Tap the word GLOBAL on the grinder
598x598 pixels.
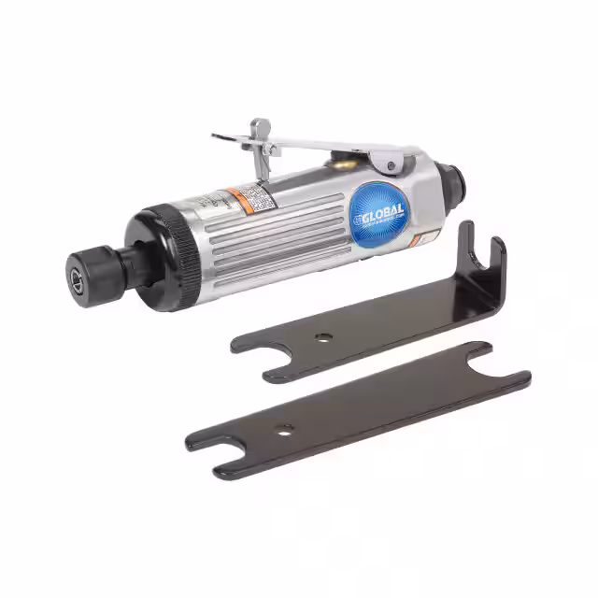(x=383, y=210)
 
